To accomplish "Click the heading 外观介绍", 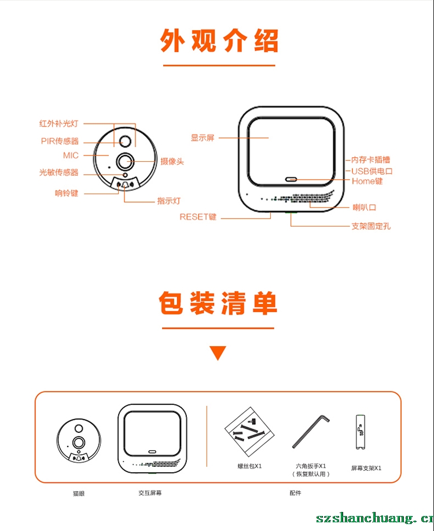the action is [219, 40].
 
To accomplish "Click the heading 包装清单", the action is [218, 303].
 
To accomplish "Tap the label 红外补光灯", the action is [58, 124].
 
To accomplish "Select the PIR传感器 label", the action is [60, 141].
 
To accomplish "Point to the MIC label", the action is [71, 155].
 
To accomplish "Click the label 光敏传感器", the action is [58, 172].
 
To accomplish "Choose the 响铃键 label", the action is [67, 194].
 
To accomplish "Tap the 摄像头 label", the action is [172, 162].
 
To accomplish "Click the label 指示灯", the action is [169, 201].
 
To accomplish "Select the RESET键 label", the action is [198, 217].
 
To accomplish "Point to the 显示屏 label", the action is [203, 138].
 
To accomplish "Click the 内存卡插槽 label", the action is [370, 159].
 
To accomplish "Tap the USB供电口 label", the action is [372, 171].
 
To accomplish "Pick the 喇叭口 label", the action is [364, 207].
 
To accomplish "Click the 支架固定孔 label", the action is [371, 226].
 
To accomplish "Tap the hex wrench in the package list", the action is [310, 431].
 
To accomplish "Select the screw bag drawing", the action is [249, 432].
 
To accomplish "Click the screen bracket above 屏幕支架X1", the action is [360, 432].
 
